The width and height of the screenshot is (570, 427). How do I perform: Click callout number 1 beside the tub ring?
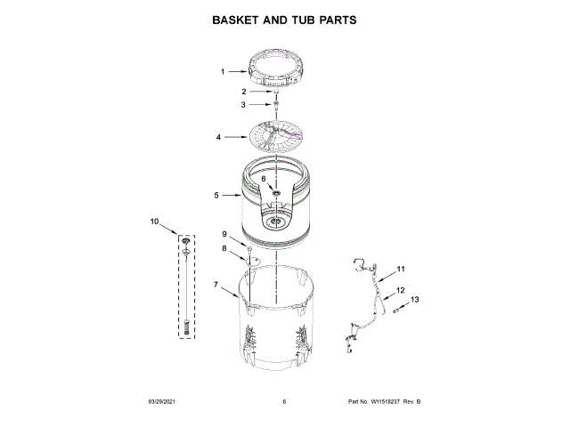coord(223,71)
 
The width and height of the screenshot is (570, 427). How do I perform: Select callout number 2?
coord(243,91)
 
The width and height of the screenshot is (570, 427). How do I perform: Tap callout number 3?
coord(243,105)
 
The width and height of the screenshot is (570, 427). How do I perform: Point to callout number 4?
coord(218,138)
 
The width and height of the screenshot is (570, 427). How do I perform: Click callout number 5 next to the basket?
coord(216,195)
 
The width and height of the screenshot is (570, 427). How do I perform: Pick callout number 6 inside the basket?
coord(264,179)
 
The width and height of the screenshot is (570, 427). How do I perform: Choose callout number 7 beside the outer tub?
coord(216,285)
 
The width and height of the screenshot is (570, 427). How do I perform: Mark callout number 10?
coord(154,221)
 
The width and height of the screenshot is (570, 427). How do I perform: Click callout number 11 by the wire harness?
coord(401,269)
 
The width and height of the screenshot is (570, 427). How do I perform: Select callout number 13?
coord(414,300)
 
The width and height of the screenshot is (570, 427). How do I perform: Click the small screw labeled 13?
coord(395,309)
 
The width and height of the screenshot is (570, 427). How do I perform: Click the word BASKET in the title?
coord(238,19)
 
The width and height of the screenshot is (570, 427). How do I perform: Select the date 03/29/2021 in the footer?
coord(160,402)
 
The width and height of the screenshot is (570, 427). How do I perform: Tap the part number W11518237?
coord(388,402)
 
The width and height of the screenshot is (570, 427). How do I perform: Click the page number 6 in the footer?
coord(284,402)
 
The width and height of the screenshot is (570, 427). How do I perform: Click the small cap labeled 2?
coord(275,92)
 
